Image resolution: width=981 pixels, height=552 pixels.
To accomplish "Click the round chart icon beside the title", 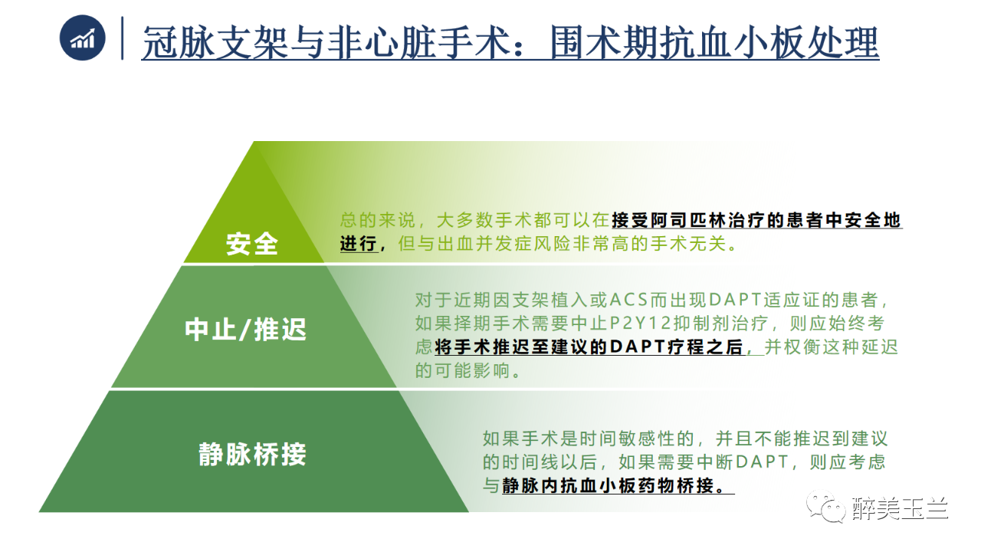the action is [82, 38].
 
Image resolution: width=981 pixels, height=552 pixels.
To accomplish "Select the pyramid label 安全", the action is [252, 244].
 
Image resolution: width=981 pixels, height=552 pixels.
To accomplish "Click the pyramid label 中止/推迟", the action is [245, 330].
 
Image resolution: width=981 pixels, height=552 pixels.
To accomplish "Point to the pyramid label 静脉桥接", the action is [252, 455].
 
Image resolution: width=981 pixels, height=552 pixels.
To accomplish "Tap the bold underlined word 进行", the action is [359, 243].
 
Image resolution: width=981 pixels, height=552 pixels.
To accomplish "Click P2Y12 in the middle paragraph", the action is [640, 324].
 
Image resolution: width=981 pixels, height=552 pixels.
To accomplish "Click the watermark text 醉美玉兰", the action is [900, 508].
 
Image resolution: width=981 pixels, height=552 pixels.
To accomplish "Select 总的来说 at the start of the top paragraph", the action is [378, 220].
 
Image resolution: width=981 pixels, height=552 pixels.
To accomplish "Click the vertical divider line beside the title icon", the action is [122, 38].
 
